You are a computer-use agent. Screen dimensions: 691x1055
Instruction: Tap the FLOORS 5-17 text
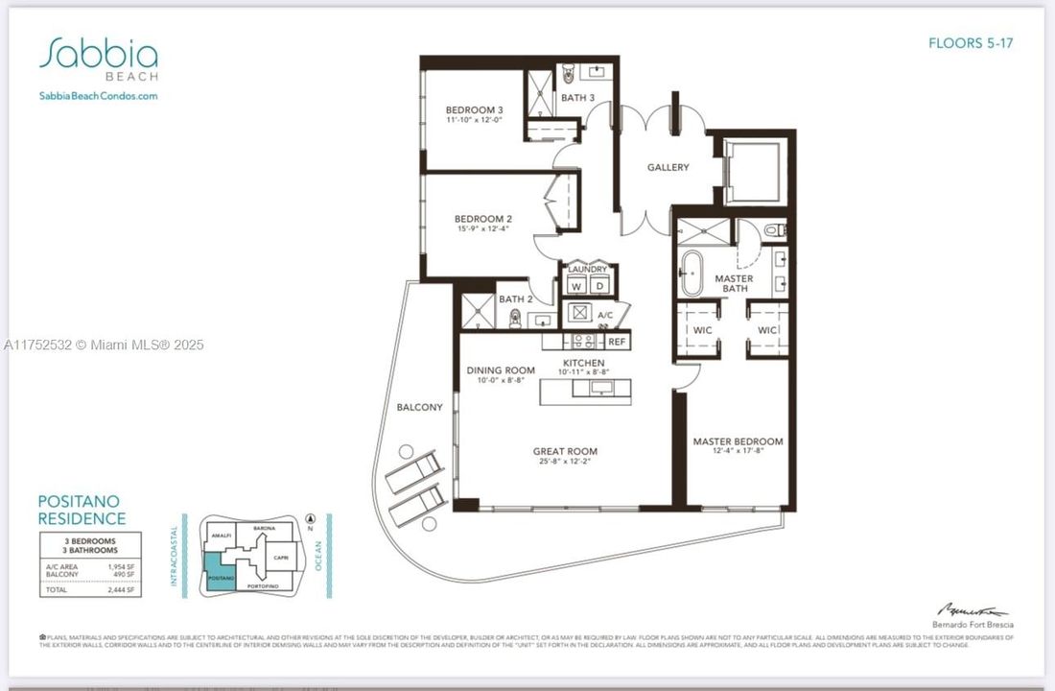[971, 43]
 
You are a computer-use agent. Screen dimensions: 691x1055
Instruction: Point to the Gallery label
[668, 167]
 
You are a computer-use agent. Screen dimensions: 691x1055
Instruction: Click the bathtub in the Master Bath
[692, 273]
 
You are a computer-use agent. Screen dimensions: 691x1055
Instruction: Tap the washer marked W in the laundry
[575, 286]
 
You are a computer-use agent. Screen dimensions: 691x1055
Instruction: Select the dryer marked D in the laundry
[599, 286]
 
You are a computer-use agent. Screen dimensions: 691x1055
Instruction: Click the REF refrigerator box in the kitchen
[616, 342]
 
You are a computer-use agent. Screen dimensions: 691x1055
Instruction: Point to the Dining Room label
[501, 370]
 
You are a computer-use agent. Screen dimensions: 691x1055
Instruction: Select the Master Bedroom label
[738, 441]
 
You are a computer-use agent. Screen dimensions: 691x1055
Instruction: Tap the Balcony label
[420, 407]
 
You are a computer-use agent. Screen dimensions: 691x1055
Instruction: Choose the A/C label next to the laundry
[604, 315]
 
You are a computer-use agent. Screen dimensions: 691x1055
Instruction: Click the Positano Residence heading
[82, 510]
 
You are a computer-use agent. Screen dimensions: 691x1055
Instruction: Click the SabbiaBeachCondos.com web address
[98, 96]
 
